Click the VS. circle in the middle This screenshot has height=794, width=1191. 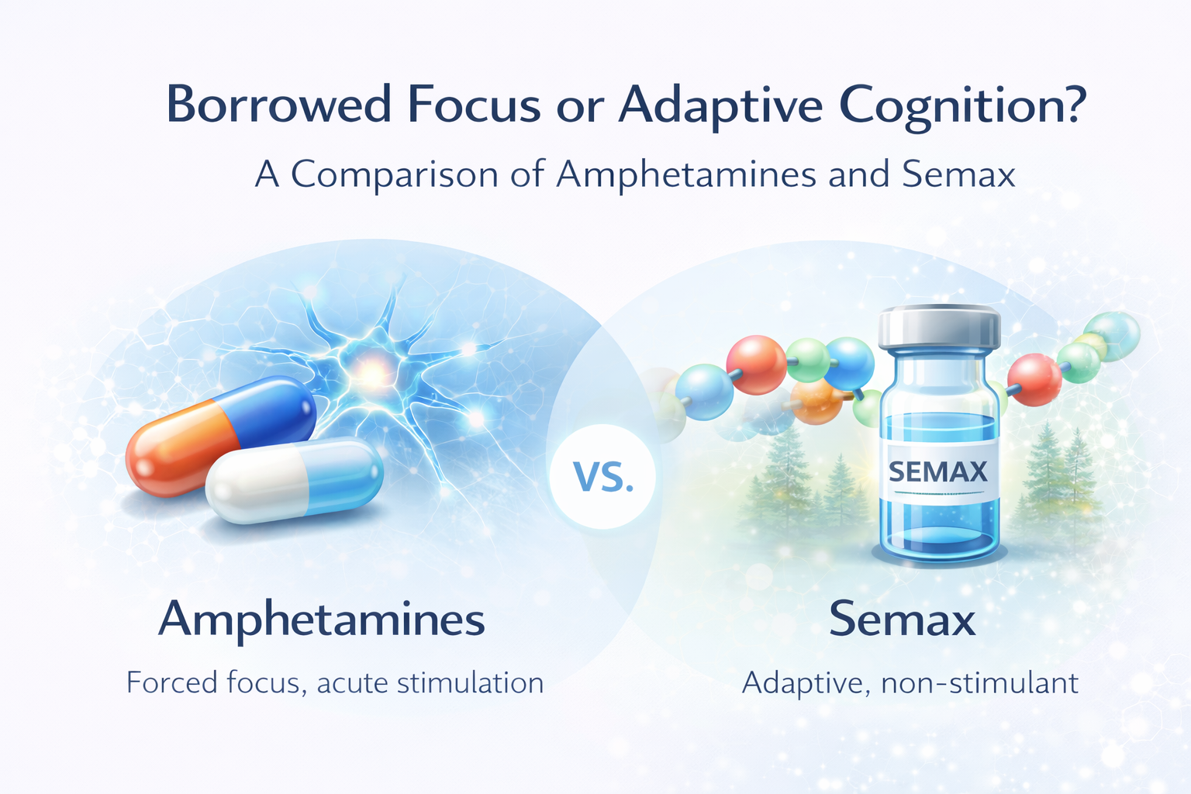click(602, 475)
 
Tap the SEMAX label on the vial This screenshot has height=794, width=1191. click(937, 471)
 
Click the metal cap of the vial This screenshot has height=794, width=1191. click(939, 326)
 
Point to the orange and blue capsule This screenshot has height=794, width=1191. click(220, 433)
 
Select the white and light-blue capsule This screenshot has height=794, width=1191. click(295, 480)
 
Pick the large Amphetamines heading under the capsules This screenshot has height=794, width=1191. click(322, 620)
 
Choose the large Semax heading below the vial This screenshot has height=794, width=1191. click(902, 620)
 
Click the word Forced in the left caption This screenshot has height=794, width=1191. click(171, 682)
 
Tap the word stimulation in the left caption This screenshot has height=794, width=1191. click(470, 682)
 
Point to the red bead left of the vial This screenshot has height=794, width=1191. click(756, 364)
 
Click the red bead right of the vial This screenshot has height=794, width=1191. click(1034, 379)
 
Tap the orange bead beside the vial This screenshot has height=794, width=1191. click(816, 401)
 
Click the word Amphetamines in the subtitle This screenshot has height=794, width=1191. click(686, 174)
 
